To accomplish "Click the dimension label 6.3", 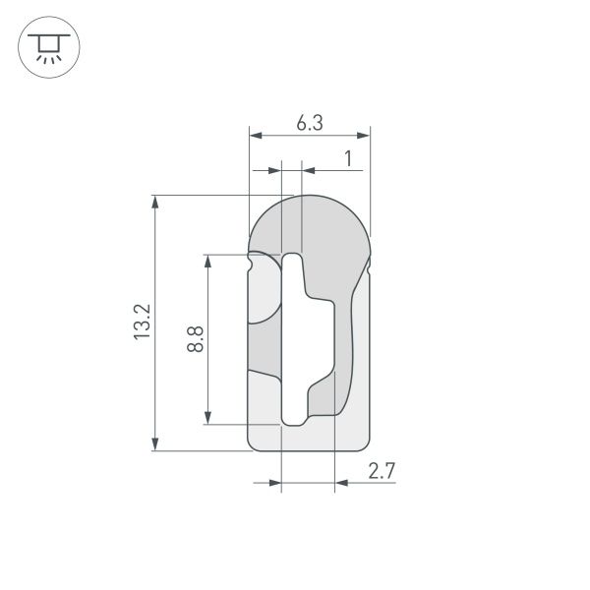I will click(x=310, y=123).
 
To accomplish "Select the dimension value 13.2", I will click(x=143, y=323).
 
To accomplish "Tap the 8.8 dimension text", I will click(x=196, y=340).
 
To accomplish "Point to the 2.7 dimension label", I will click(x=382, y=471).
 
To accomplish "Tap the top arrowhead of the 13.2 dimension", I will click(x=155, y=201).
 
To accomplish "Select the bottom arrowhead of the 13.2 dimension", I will click(x=155, y=444).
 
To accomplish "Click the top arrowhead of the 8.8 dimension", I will click(x=207, y=260).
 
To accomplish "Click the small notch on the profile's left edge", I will click(x=251, y=263).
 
